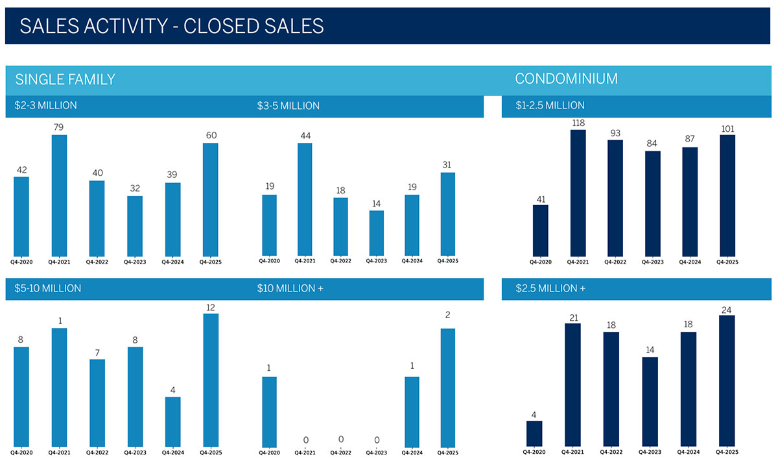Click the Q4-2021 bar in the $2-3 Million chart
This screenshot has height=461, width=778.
pos(59,195)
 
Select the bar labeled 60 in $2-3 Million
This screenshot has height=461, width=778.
pos(210,199)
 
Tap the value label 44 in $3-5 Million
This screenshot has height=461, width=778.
pos(305,135)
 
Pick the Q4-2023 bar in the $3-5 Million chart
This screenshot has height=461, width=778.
pos(377,232)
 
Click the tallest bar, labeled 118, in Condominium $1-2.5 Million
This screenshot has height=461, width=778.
pos(578,192)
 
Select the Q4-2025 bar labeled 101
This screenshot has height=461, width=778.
pos(727,195)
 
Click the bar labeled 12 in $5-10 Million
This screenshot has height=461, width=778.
pos(210,379)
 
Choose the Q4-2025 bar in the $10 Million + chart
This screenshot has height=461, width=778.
pos(447,387)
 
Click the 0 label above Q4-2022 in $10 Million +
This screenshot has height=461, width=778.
pos(341,440)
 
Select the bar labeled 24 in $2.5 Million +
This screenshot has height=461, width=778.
pos(727,380)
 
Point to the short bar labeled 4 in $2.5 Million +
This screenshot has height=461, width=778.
pos(534,433)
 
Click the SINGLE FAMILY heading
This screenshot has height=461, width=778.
pos(65,79)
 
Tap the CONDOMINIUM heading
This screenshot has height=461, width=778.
pos(566,79)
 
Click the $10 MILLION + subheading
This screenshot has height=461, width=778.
pos(290,288)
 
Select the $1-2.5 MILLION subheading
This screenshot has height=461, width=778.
pos(550,105)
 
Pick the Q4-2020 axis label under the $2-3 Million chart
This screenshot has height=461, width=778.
pos(21,262)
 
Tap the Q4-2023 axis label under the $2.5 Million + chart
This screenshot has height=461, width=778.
pos(652,452)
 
